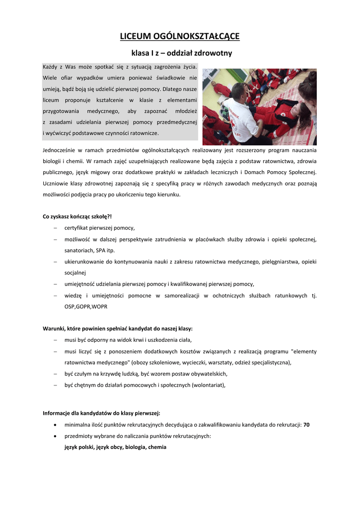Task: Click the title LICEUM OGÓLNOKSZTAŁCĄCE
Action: coord(180,36)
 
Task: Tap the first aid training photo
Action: coord(259,107)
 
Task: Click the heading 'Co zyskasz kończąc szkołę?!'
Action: coord(77,216)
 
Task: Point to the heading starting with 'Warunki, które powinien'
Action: coord(118,328)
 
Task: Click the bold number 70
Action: coord(306,425)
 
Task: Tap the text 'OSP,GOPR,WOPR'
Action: coord(85,307)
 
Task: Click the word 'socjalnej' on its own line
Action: coord(75,272)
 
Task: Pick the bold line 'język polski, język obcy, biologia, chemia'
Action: coord(115,447)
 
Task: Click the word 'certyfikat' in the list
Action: coord(76,228)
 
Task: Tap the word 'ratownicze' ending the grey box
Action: coord(144,133)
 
